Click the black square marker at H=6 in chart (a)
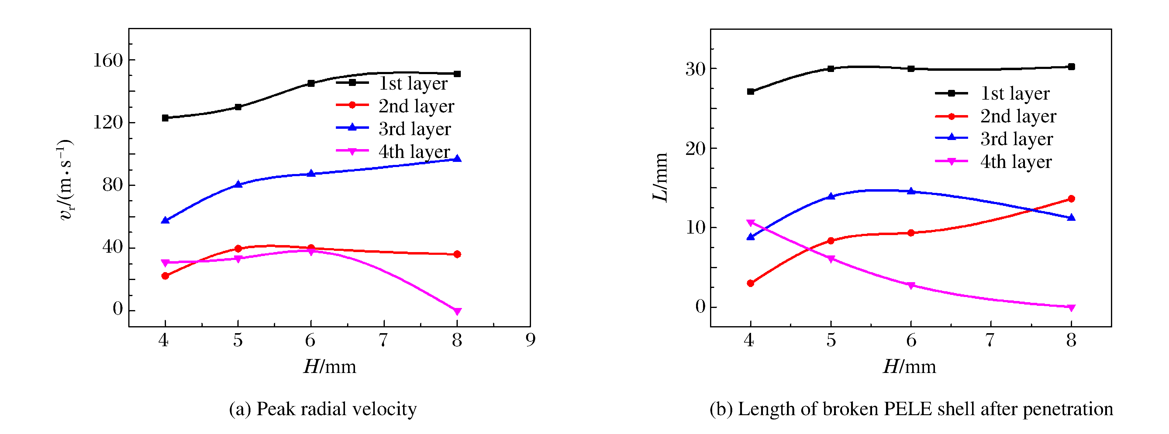coord(311,84)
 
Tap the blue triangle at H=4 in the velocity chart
coord(165,220)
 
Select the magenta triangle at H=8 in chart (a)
coord(457,311)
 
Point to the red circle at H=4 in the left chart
coord(165,276)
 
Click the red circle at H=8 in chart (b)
coord(1071,199)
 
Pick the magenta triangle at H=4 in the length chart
coord(750,223)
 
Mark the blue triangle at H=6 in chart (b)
coord(911,191)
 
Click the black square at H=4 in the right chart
coord(750,92)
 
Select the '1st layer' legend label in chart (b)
coord(1015,94)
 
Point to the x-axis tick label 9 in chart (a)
coord(530,340)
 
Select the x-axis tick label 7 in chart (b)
coord(990,340)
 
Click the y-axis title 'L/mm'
coord(660,177)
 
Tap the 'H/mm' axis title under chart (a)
coord(330,367)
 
